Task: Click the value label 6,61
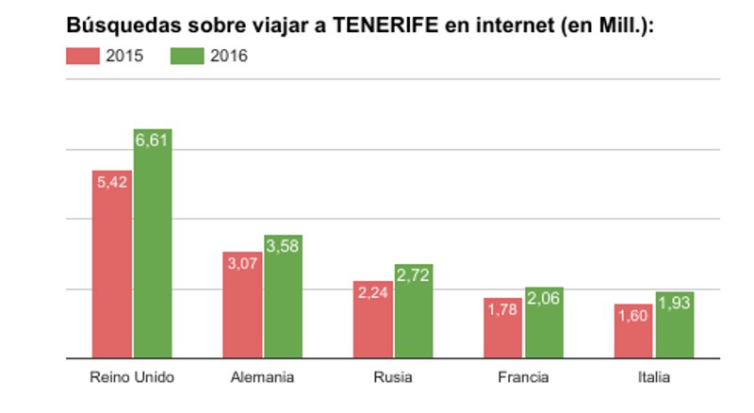[153, 140]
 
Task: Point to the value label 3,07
[242, 263]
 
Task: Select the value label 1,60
[633, 315]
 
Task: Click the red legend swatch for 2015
[83, 56]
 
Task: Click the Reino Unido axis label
[132, 378]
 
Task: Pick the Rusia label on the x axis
[393, 378]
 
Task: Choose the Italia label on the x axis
[653, 378]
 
